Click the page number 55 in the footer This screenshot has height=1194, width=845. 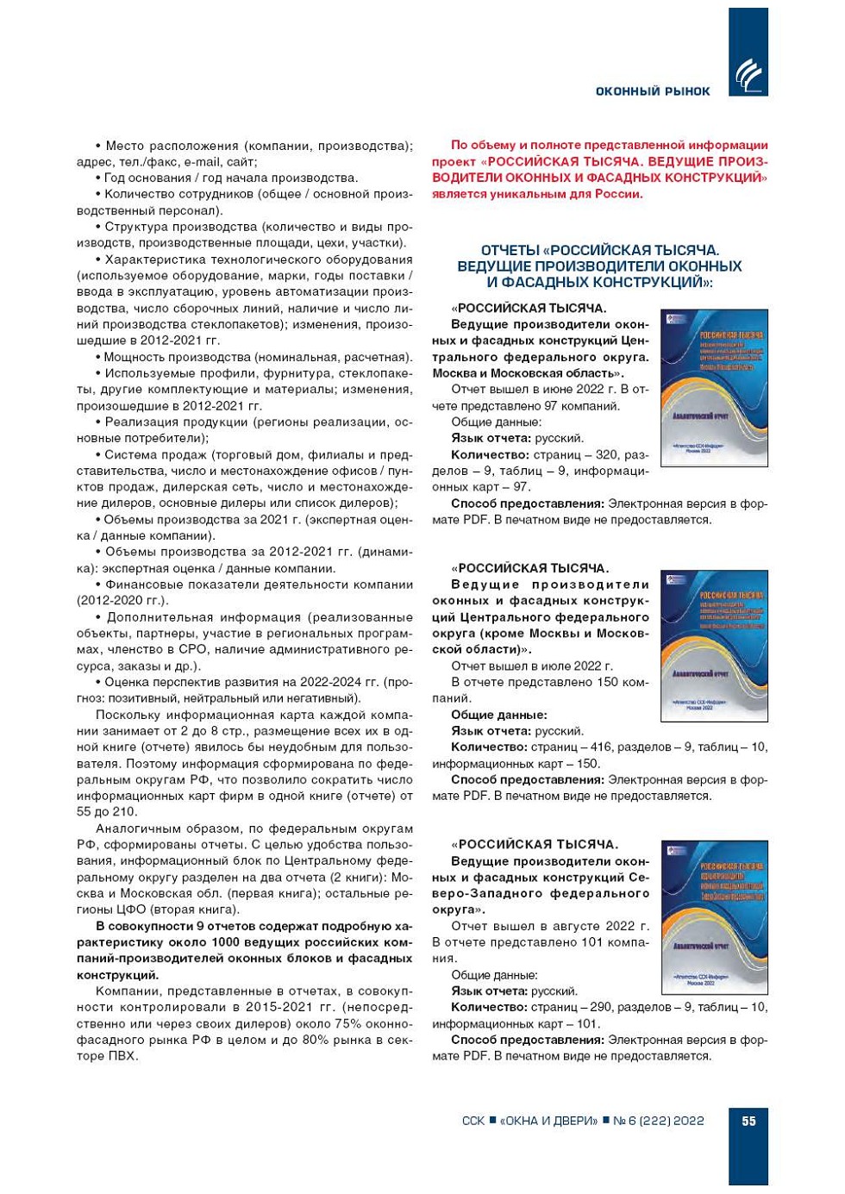point(748,1121)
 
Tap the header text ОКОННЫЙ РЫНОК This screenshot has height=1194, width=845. point(653,91)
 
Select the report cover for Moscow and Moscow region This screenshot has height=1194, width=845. point(713,388)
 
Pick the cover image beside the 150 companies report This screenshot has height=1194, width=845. point(713,647)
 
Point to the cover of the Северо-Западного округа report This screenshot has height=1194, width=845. point(713,916)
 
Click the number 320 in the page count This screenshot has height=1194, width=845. point(607,455)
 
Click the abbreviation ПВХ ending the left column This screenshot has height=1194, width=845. point(121,1056)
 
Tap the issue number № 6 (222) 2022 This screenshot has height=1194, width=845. point(659,1121)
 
